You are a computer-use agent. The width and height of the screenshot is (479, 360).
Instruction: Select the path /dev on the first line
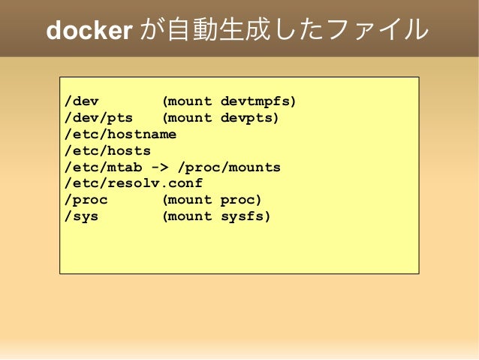coord(82,101)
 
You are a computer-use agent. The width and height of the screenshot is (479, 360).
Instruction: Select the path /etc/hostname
coord(121,134)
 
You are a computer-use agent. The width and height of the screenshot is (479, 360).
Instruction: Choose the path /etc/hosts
coord(108,150)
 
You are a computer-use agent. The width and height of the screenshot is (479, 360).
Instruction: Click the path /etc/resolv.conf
coord(134,183)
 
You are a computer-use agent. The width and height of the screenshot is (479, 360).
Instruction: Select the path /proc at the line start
coord(86,200)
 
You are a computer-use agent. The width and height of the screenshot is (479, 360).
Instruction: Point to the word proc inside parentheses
coord(239,200)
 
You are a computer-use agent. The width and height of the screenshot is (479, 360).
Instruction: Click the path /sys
coord(82,216)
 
